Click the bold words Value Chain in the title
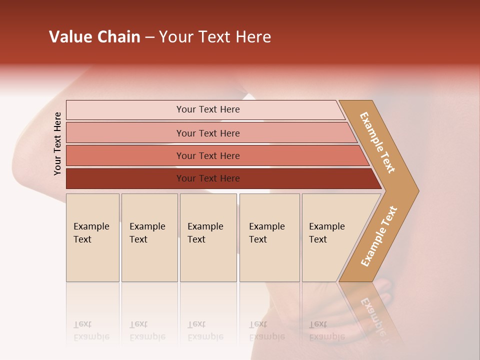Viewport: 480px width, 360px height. [94, 37]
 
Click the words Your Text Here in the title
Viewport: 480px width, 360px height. [215, 37]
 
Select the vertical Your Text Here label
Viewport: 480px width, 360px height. [57, 143]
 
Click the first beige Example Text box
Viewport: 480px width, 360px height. [92, 237]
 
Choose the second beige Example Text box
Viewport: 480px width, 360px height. [149, 237]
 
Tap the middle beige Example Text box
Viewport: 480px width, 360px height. [208, 237]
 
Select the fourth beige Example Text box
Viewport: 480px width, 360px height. [269, 237]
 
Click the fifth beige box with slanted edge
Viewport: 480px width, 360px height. [330, 237]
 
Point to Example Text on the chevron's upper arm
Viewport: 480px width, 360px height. [377, 142]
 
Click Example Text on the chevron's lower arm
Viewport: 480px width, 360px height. [379, 236]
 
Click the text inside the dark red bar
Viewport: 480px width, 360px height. [208, 178]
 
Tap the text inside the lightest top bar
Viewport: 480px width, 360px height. [208, 109]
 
